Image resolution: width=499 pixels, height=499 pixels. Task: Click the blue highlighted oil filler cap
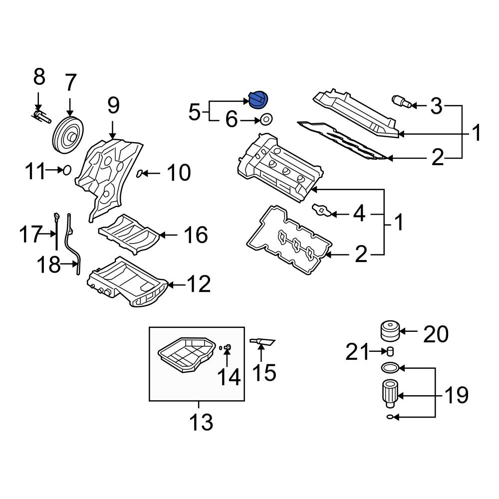coord(258,99)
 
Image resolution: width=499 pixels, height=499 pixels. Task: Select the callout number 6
coord(232,120)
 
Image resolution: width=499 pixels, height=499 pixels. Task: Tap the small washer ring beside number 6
coord(266,120)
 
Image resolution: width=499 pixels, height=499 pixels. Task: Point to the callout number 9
coord(113,105)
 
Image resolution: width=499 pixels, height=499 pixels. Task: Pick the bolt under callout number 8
coord(41,117)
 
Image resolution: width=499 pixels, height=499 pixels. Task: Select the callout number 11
coord(35,172)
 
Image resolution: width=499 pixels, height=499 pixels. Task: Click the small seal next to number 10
coord(141,173)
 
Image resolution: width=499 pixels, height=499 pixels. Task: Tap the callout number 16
coord(195,235)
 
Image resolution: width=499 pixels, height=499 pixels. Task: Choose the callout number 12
coord(198,284)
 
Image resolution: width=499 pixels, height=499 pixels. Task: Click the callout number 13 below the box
coord(201,422)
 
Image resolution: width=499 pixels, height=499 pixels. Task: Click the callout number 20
coord(436,334)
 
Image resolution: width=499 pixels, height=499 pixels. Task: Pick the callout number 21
coord(357,353)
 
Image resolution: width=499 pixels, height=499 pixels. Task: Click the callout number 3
coord(436,105)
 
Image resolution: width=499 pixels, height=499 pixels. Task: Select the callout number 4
coord(359,214)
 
